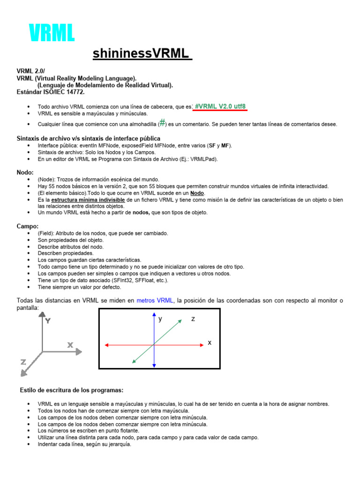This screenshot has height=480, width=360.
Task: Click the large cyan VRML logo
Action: click(x=52, y=33)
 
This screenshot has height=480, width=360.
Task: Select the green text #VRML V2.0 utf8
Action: click(x=220, y=106)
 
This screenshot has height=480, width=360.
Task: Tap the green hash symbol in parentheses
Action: click(x=162, y=123)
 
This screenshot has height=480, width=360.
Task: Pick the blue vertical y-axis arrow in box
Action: click(x=154, y=328)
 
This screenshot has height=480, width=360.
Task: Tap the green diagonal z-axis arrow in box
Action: click(x=164, y=335)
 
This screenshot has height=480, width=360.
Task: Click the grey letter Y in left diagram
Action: click(x=47, y=321)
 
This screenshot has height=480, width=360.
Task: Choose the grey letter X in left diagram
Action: click(x=70, y=345)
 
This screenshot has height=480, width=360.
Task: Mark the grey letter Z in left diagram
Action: click(x=23, y=362)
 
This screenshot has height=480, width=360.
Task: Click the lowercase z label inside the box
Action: click(x=193, y=319)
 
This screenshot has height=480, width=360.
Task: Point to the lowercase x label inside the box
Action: click(x=210, y=343)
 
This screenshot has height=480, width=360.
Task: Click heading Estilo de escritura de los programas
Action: click(x=72, y=390)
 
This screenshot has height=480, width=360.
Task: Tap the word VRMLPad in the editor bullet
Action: click(x=206, y=159)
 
